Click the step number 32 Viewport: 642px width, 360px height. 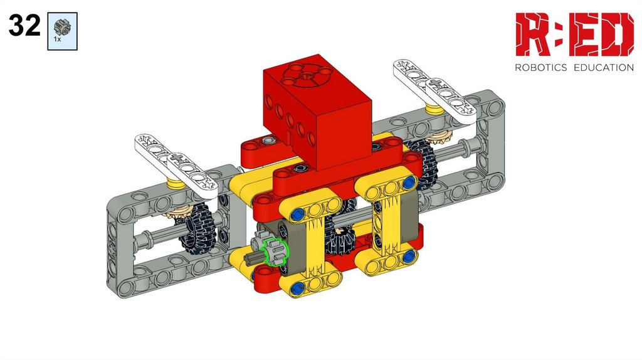(24, 25)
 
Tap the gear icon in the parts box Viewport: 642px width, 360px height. (62, 27)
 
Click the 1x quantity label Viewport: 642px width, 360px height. (57, 40)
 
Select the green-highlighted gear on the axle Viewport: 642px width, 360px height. (275, 251)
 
